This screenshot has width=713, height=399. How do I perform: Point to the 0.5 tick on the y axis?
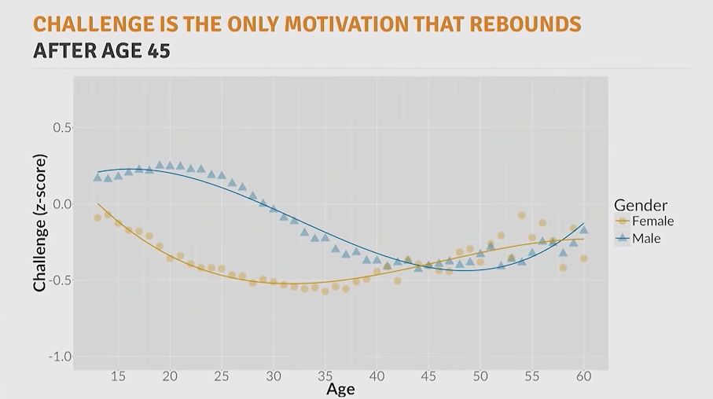click(61, 128)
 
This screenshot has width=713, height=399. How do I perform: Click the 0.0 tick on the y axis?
click(61, 204)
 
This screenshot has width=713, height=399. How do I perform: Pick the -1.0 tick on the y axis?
click(59, 357)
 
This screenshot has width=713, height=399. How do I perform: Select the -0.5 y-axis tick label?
click(59, 280)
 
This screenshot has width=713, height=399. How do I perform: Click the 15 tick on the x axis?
click(118, 377)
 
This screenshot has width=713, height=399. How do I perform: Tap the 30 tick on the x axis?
click(273, 377)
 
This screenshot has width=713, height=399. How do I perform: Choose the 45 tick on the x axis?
click(428, 377)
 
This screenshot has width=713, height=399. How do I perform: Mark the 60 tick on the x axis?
click(583, 377)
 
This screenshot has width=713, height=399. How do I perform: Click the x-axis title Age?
click(340, 390)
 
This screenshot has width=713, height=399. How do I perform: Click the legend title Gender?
click(641, 206)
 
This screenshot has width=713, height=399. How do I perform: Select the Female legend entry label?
click(652, 221)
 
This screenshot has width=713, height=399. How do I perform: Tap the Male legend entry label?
click(646, 238)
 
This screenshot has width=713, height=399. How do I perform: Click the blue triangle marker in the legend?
click(623, 238)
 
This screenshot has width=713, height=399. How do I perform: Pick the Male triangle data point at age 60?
click(583, 229)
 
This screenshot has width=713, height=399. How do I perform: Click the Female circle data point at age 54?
click(521, 215)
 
